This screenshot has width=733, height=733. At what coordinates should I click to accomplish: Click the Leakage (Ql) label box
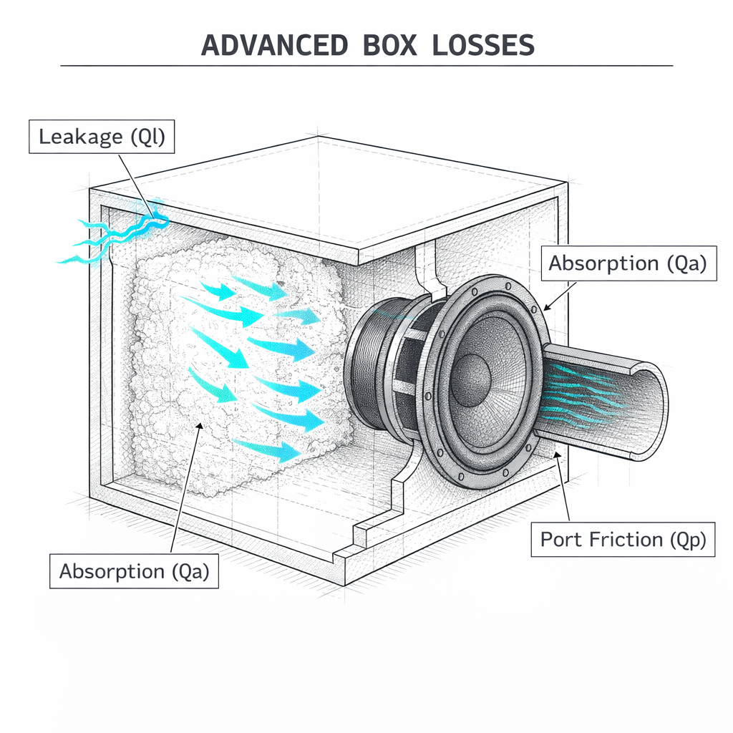(101, 136)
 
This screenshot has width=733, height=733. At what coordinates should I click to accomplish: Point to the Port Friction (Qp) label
(622, 539)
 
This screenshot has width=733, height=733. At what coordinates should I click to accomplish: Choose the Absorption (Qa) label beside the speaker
(627, 263)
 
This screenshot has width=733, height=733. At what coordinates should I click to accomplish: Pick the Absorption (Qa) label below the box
(134, 571)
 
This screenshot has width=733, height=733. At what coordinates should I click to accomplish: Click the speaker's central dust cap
(472, 374)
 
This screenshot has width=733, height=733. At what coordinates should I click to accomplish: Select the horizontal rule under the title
(366, 66)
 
